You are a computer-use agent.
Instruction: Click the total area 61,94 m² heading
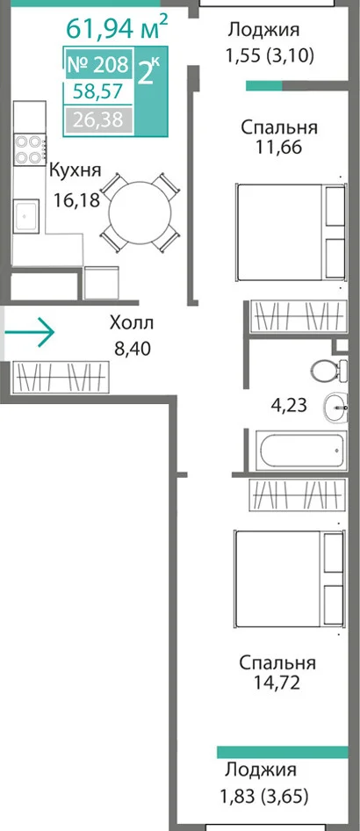pos(117,27)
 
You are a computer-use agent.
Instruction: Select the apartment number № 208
pos(98,65)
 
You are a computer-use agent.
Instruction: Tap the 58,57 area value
pos(98,92)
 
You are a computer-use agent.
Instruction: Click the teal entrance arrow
pos(30,333)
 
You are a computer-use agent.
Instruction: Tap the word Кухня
pos(75,170)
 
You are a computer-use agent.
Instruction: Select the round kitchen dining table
pos(140,213)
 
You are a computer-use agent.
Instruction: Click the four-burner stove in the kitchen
pos(30,150)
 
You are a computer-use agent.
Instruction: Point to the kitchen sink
pos(26,215)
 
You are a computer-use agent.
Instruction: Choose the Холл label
pos(132,322)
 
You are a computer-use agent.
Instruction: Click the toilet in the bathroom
pos(328,370)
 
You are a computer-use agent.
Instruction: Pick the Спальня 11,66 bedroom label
pos(279,137)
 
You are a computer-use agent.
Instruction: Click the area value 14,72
pos(277,682)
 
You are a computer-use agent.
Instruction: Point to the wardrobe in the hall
pos(61,377)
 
